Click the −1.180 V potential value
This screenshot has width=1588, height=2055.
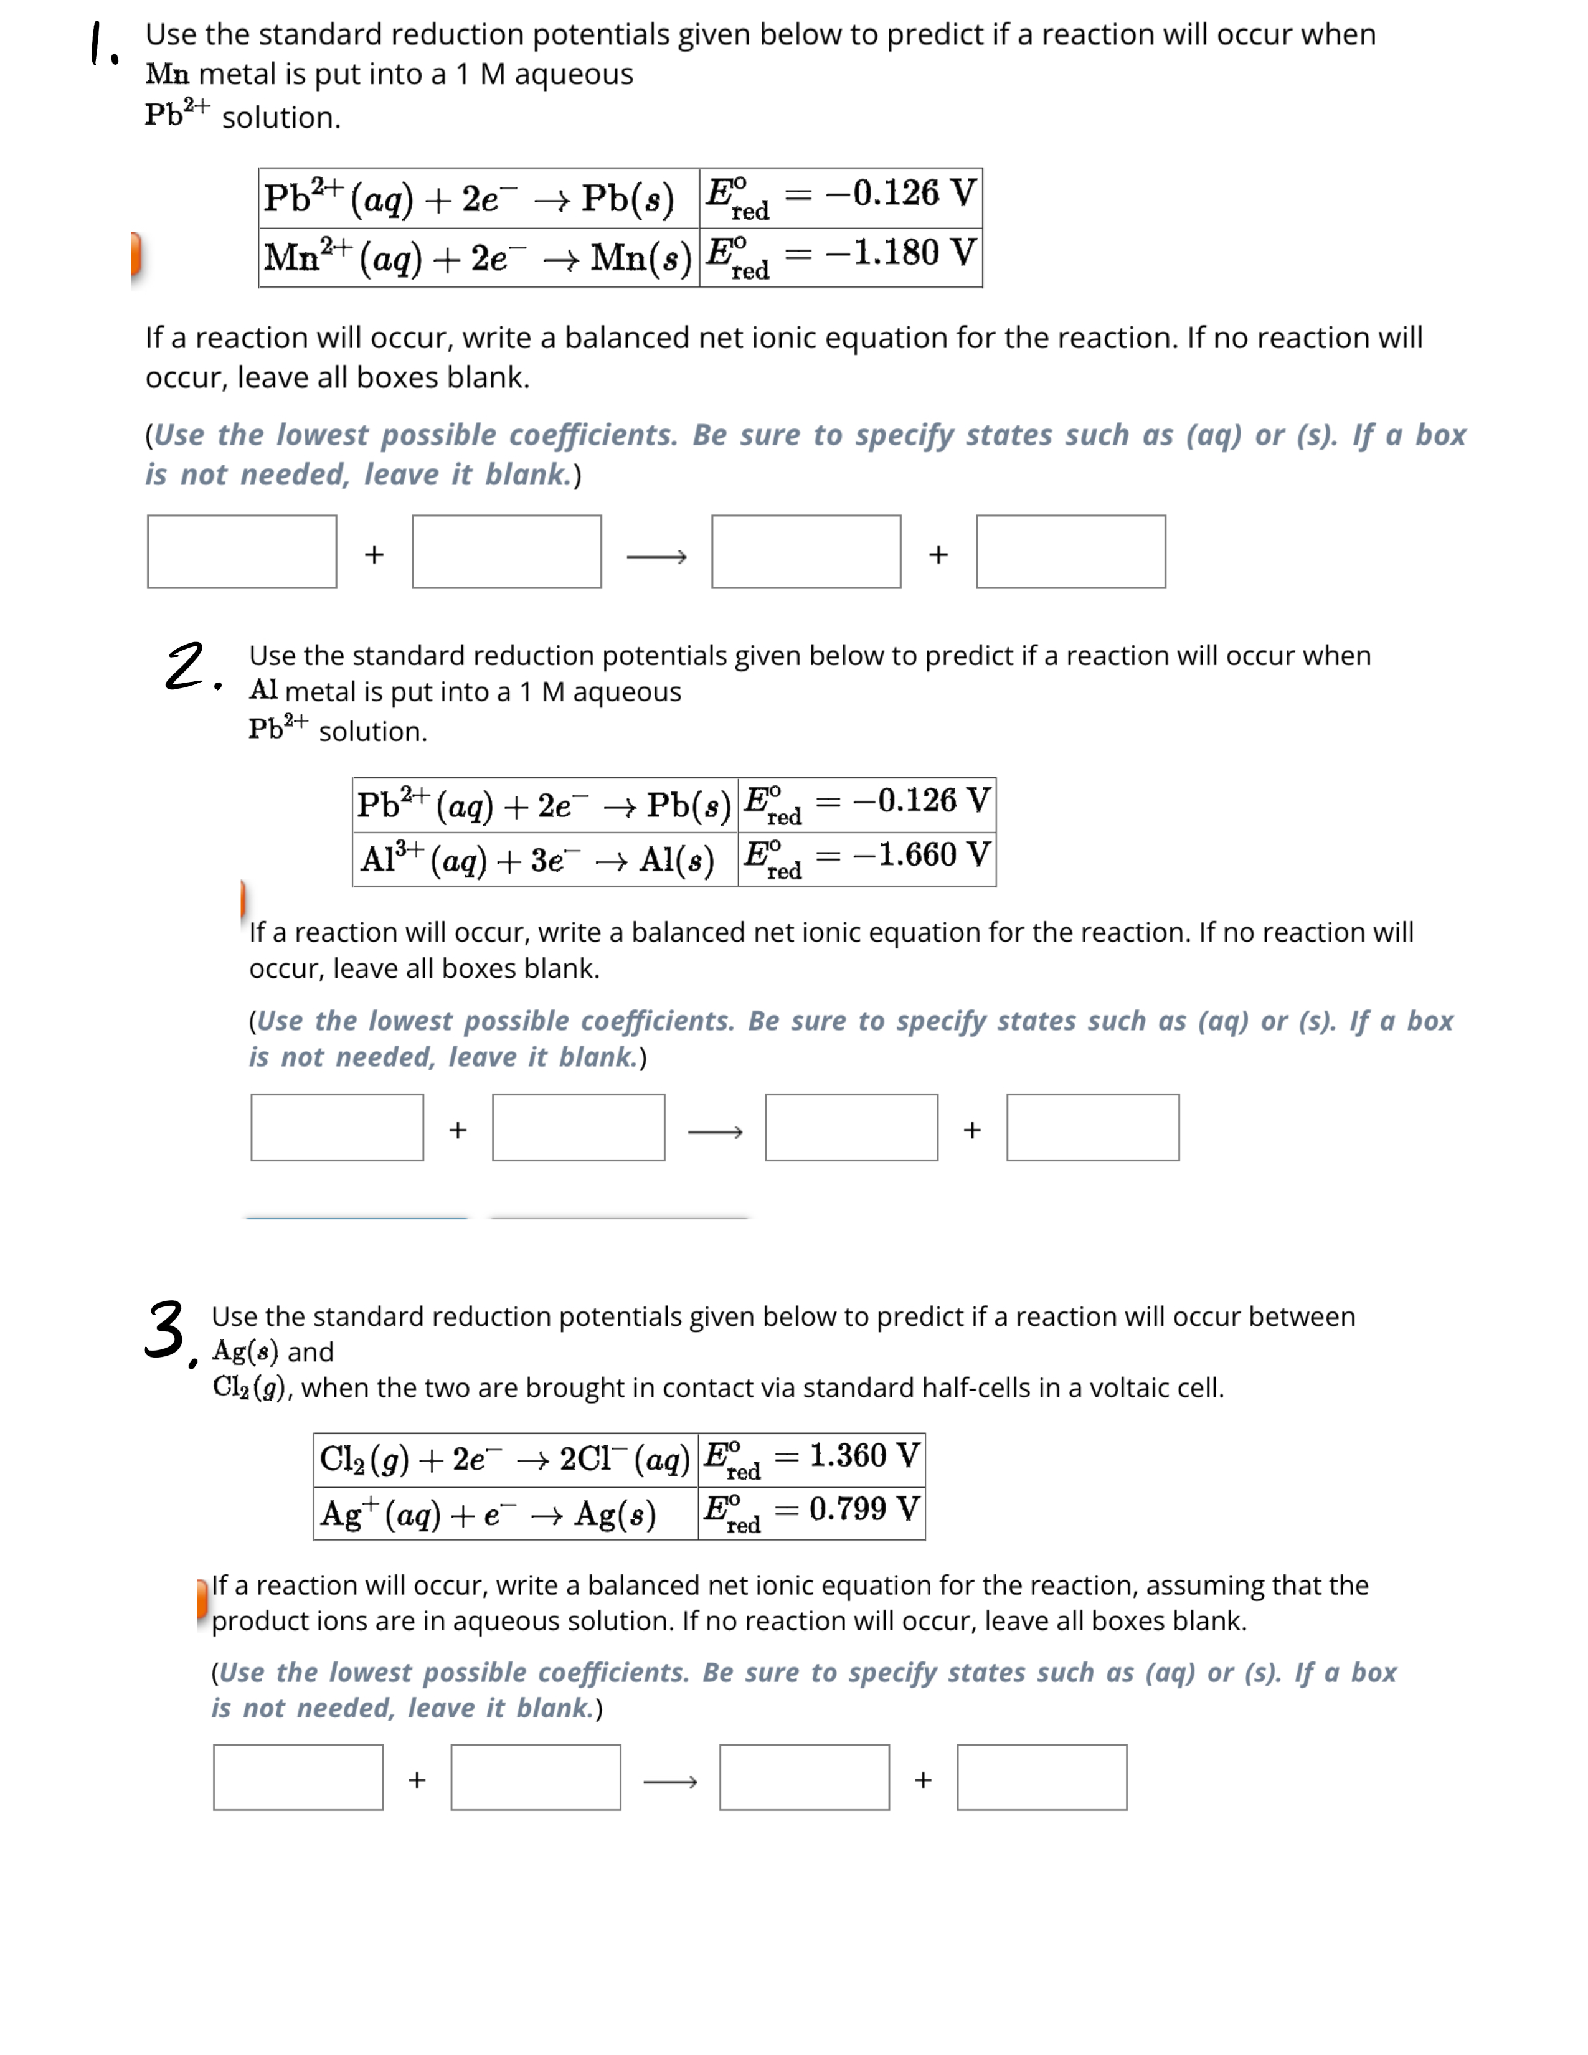[900, 252]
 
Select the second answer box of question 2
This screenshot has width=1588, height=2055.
[579, 1127]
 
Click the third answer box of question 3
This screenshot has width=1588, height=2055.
[805, 1777]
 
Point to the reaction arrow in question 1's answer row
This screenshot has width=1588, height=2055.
[656, 557]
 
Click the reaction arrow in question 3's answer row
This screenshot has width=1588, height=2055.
[670, 1781]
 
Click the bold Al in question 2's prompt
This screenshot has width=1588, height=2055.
[263, 691]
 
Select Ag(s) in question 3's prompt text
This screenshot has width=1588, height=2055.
[245, 1351]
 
